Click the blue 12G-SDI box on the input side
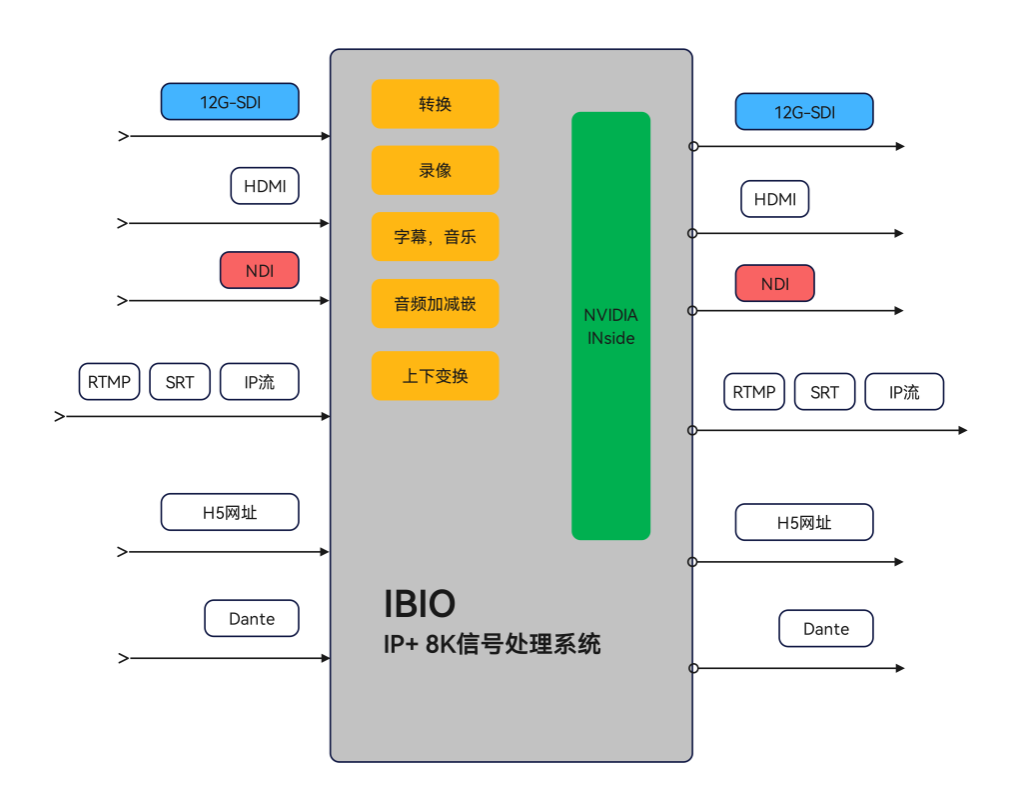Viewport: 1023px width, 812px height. coord(230,102)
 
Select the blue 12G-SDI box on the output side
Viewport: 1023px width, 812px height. coord(804,112)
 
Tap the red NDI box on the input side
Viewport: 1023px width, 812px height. coord(260,270)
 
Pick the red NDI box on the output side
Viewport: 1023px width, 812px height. coord(775,284)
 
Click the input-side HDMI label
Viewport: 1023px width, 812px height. coord(265,186)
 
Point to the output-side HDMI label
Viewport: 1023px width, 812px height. coord(775,199)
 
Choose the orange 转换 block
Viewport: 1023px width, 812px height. coord(436,104)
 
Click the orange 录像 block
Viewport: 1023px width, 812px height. coord(436,171)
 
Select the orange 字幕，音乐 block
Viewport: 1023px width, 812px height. coord(436,236)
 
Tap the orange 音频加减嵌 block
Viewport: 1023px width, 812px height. coord(436,304)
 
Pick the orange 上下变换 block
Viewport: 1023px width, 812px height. coord(436,376)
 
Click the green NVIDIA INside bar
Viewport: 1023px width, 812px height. coord(610,326)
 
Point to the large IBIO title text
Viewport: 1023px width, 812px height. coord(420,604)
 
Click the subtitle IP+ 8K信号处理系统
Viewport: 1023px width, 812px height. coord(492,644)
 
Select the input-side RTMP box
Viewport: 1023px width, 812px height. coord(110,382)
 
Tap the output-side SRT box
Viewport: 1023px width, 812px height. coord(824,392)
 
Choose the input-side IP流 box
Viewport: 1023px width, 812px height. coord(260,382)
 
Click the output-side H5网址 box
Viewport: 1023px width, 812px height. coord(804,523)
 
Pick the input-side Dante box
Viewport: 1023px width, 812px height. coord(252,619)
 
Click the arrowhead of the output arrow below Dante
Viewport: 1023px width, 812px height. coord(900,668)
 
